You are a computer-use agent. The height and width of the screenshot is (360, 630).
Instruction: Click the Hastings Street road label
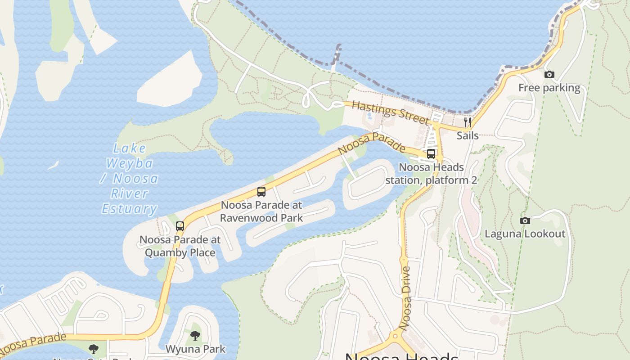(x=391, y=112)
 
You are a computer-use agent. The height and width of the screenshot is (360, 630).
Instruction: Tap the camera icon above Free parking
(x=549, y=75)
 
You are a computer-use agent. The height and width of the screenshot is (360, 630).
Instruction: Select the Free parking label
(x=549, y=88)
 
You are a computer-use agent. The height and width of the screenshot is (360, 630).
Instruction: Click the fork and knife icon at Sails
(x=468, y=122)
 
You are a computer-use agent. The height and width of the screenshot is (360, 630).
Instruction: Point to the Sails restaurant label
(x=468, y=135)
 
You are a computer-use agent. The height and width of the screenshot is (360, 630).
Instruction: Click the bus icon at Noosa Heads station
(x=431, y=154)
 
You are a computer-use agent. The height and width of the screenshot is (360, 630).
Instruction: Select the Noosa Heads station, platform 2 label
(x=431, y=174)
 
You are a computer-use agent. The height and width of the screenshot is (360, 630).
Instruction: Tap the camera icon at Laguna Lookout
(x=525, y=220)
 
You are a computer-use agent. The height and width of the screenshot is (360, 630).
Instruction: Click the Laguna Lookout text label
(x=525, y=234)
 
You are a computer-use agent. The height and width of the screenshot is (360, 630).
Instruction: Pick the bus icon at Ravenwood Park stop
(x=261, y=192)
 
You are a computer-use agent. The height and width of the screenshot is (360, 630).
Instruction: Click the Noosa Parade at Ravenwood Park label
(x=261, y=211)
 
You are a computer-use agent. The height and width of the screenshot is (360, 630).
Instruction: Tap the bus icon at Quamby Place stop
(x=180, y=226)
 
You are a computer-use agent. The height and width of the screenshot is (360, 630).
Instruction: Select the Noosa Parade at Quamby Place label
(x=180, y=246)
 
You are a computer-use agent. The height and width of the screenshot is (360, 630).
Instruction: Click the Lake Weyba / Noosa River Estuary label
(x=130, y=179)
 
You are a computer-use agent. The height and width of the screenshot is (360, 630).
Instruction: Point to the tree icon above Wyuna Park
(x=195, y=335)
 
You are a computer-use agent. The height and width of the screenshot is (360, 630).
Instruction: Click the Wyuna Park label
(x=195, y=349)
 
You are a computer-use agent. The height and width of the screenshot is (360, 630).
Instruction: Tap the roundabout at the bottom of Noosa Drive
(x=395, y=336)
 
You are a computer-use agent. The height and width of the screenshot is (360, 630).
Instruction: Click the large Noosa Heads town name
(x=401, y=355)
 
